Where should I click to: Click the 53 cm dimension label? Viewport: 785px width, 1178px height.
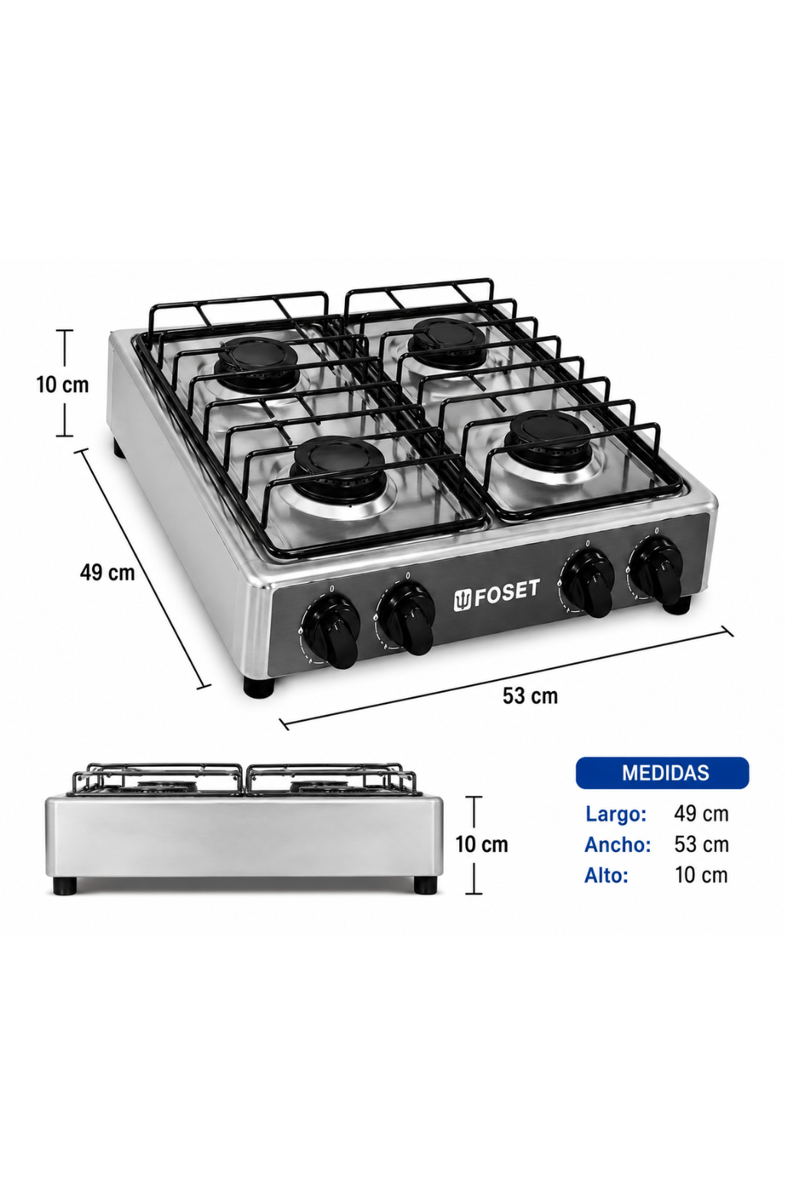tap(530, 696)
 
